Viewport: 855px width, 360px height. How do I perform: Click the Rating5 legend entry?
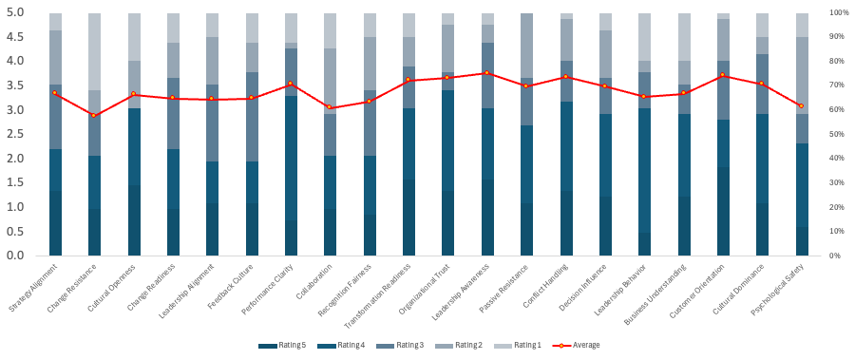click(276, 344)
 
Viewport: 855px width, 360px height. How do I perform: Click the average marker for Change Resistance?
click(94, 115)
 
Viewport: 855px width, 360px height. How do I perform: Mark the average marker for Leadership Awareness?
click(487, 72)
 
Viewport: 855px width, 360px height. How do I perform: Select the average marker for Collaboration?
click(330, 107)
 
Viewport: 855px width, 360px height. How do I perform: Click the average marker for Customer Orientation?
click(723, 75)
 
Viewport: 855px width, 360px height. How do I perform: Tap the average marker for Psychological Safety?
click(802, 105)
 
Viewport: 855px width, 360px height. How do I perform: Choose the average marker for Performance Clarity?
click(291, 84)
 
